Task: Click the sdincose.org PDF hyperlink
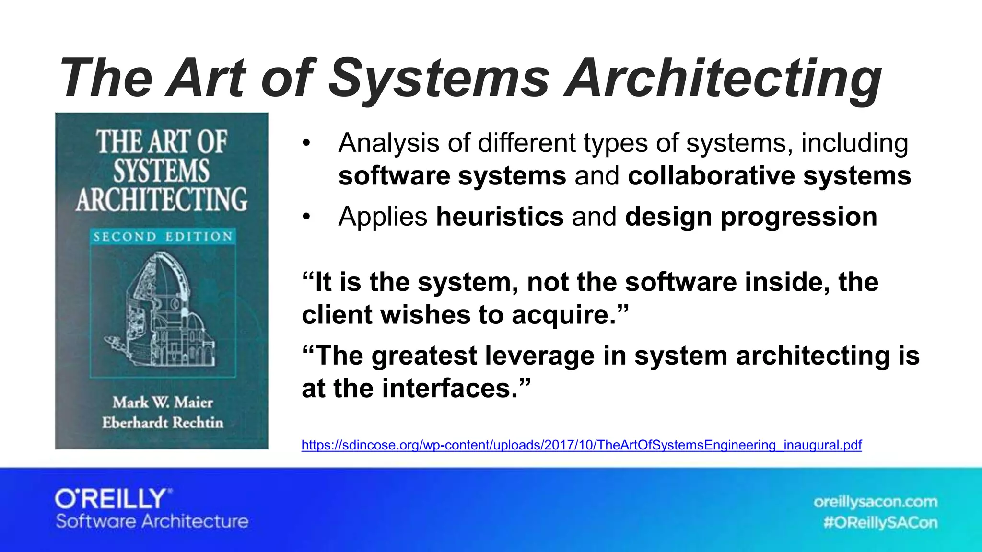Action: (x=581, y=445)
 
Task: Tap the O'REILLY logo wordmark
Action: (x=113, y=499)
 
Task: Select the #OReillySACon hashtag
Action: (x=880, y=522)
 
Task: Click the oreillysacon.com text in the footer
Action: (x=875, y=502)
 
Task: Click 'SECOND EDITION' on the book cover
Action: (x=163, y=236)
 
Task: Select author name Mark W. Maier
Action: (x=163, y=402)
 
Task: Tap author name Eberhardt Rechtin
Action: (x=163, y=423)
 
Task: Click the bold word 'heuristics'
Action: (x=499, y=217)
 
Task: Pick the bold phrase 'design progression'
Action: (x=751, y=217)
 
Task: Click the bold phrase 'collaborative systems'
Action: (x=769, y=176)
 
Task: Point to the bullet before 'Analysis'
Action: (x=307, y=143)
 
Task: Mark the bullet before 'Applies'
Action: (x=307, y=217)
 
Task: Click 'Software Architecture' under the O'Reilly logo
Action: (x=152, y=521)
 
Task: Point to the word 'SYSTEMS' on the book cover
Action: (x=162, y=171)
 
